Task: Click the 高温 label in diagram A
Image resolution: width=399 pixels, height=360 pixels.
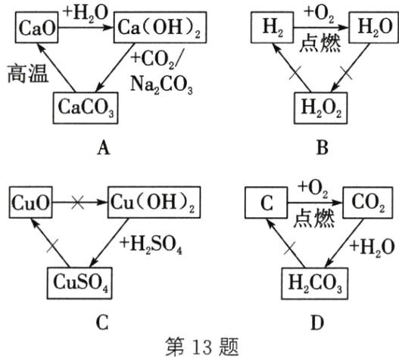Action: [x=27, y=76]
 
